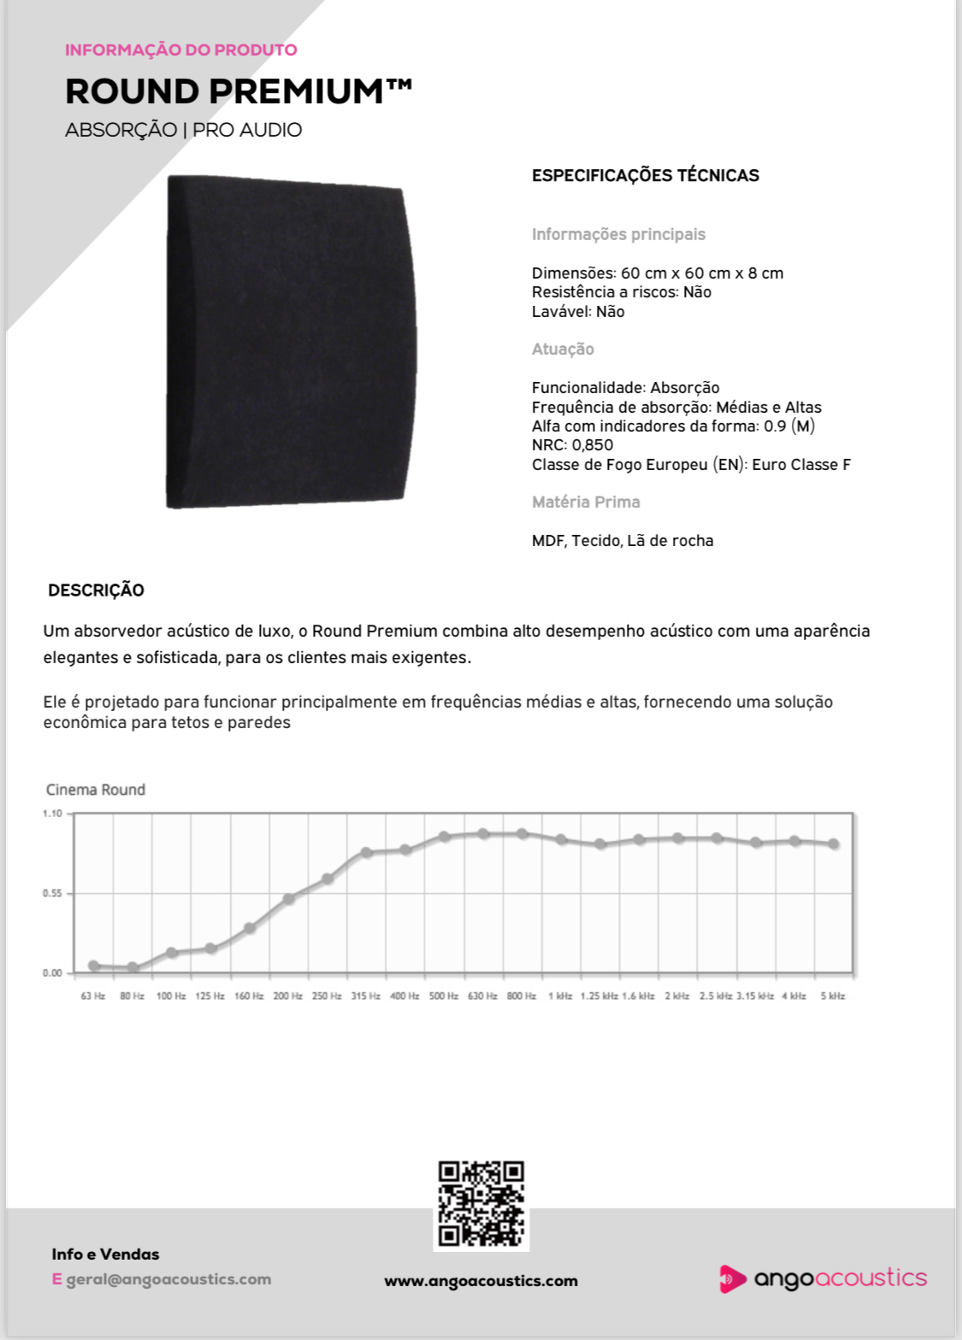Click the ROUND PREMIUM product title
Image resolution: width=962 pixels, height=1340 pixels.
pyautogui.click(x=238, y=91)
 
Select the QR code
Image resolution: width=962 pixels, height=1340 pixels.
pyautogui.click(x=481, y=1203)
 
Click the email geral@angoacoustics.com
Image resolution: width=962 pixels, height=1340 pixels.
pyautogui.click(x=168, y=1279)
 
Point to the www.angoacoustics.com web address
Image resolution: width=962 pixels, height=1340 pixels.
pyautogui.click(x=481, y=1281)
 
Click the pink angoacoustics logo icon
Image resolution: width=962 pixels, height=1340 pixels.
pyautogui.click(x=731, y=1278)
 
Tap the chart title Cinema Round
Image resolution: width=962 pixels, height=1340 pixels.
pyautogui.click(x=96, y=790)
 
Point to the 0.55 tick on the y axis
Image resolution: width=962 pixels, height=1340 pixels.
pyautogui.click(x=52, y=893)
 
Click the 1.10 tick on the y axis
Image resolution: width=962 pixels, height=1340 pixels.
pyautogui.click(x=52, y=814)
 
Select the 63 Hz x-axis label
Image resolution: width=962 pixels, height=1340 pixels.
pyautogui.click(x=93, y=996)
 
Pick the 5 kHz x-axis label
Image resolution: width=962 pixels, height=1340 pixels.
pyautogui.click(x=833, y=996)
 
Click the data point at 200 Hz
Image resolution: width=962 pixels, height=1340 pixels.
pyautogui.click(x=289, y=898)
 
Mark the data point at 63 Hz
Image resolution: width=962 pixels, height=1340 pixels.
pyautogui.click(x=94, y=966)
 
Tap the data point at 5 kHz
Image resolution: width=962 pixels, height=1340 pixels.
pyautogui.click(x=834, y=843)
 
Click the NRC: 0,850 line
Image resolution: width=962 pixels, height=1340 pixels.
pyautogui.click(x=572, y=445)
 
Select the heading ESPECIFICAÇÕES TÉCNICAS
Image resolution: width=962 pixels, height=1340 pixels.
pyautogui.click(x=645, y=176)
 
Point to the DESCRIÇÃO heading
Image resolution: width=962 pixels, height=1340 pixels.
pyautogui.click(x=96, y=591)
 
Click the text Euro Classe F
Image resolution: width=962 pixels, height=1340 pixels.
pyautogui.click(x=801, y=465)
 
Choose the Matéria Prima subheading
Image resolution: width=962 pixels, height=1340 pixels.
pyautogui.click(x=586, y=502)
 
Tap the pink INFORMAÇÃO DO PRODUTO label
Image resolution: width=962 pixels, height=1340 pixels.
pyautogui.click(x=181, y=50)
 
